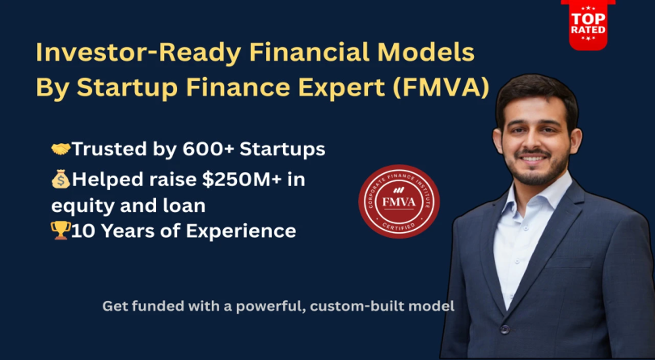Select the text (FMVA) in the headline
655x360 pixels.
[446, 87]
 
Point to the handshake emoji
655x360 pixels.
[61, 149]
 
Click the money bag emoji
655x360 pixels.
[61, 180]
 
